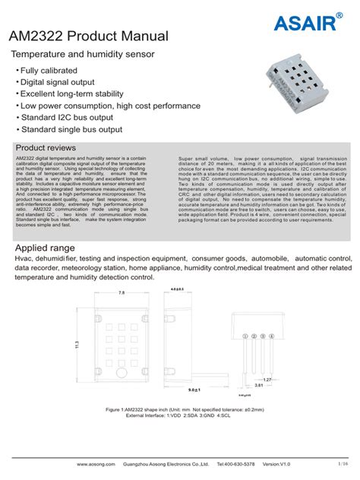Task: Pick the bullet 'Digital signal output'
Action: (x=57, y=82)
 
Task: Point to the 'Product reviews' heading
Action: (x=45, y=147)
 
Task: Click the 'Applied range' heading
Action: (x=46, y=249)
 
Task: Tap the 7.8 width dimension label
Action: (x=122, y=292)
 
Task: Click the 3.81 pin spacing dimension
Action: (x=259, y=385)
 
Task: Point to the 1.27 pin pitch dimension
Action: (x=267, y=378)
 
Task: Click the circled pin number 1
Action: (x=245, y=336)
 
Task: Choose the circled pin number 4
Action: (x=272, y=336)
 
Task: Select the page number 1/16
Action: (x=343, y=463)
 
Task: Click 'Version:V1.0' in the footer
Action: (x=276, y=463)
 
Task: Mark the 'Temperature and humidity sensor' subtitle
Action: (x=82, y=54)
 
